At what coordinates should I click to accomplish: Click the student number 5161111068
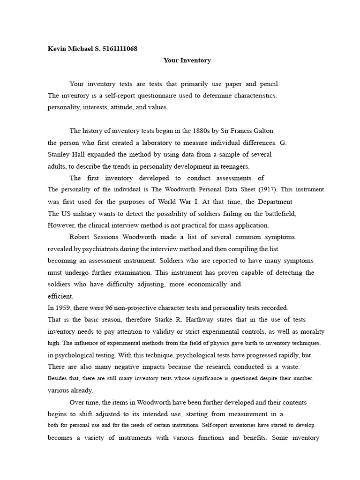pyautogui.click(x=120, y=49)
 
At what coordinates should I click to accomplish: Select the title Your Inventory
pyautogui.click(x=187, y=60)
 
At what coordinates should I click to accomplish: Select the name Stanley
pyautogui.click(x=59, y=154)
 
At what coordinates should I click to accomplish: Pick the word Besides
pyautogui.click(x=58, y=378)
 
